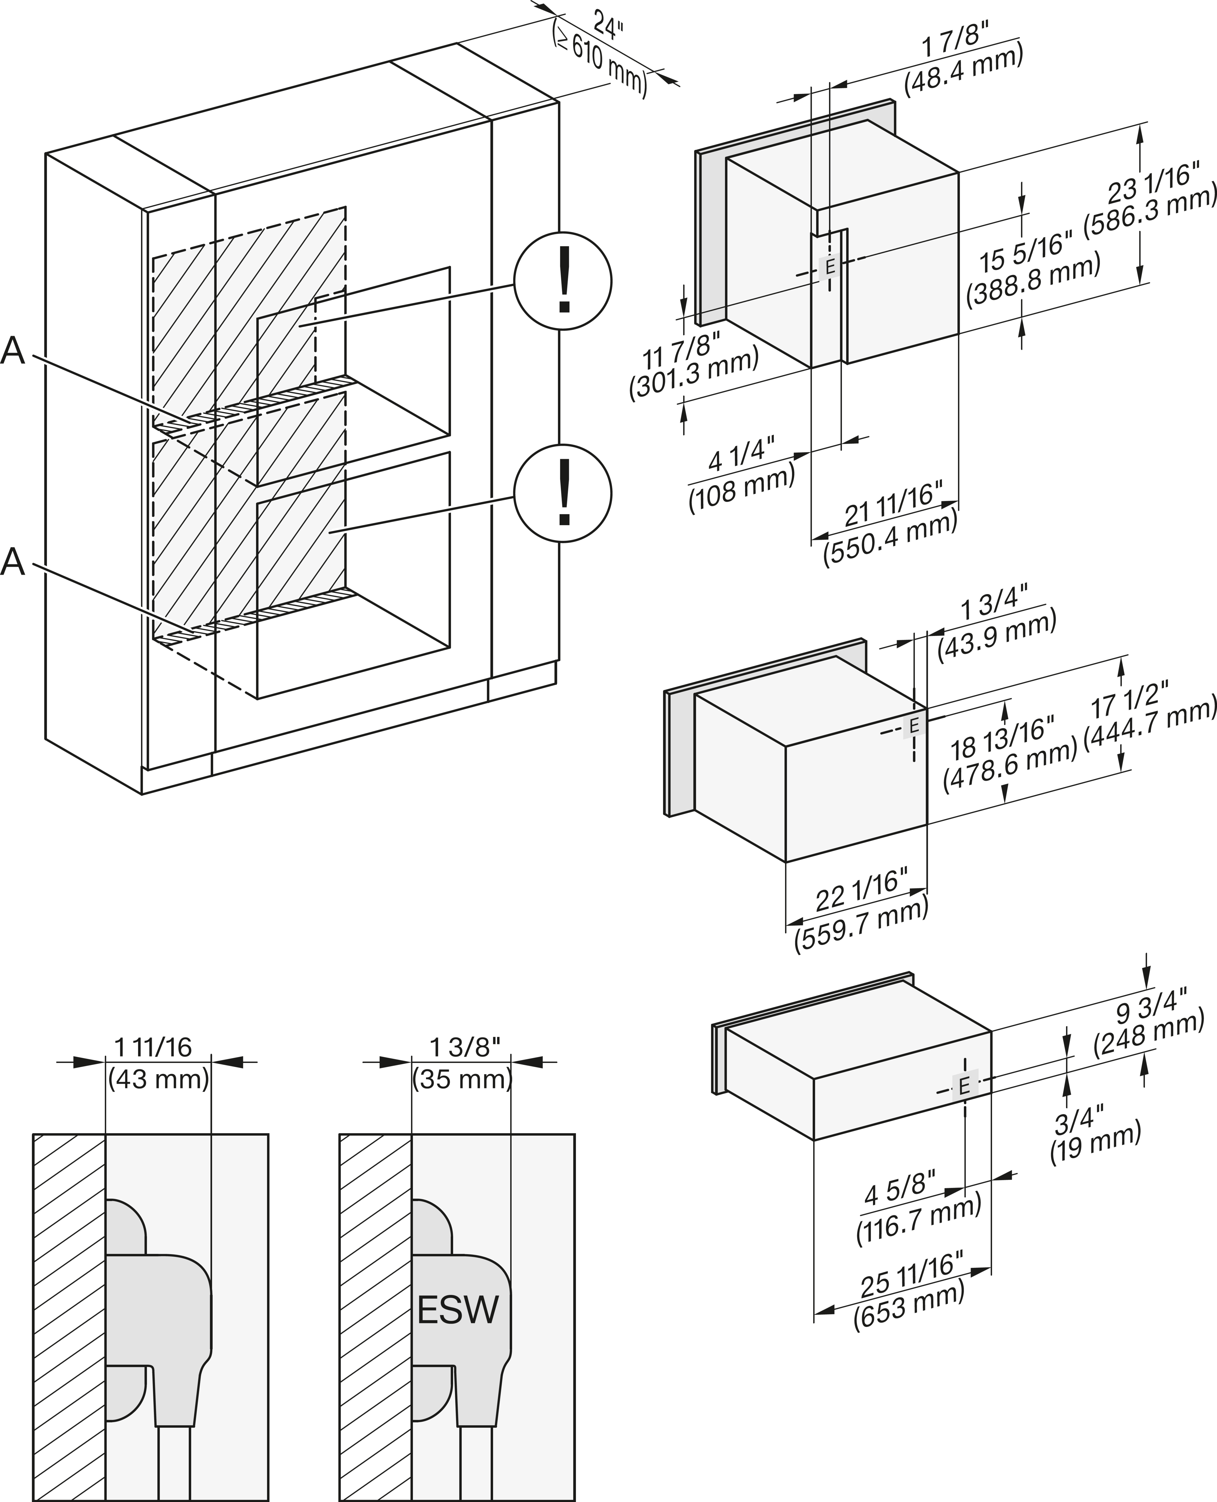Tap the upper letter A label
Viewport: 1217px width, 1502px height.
click(x=13, y=351)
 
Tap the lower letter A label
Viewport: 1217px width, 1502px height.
click(x=13, y=562)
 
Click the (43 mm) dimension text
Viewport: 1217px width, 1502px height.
click(x=158, y=1078)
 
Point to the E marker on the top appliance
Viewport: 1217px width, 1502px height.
click(x=829, y=267)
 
